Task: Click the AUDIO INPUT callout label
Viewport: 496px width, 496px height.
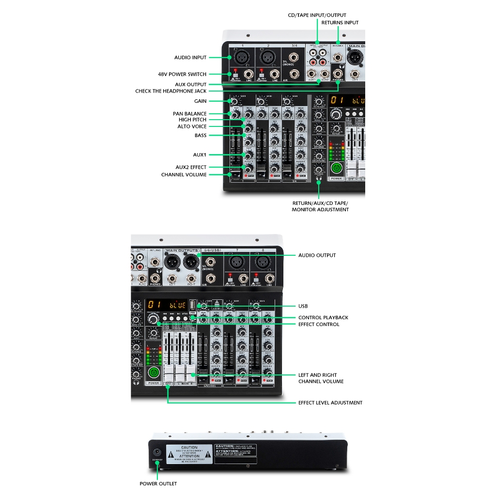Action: click(x=190, y=58)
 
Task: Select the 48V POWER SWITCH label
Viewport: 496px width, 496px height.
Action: click(x=182, y=74)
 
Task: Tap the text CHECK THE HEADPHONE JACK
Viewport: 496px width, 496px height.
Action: click(x=170, y=91)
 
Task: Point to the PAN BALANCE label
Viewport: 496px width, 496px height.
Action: click(x=189, y=114)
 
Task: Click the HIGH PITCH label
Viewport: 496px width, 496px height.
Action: click(x=192, y=120)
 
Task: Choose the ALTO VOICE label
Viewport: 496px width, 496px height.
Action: click(x=192, y=126)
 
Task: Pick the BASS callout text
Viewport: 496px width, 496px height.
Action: click(x=201, y=136)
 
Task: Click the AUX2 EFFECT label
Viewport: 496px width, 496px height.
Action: click(x=191, y=167)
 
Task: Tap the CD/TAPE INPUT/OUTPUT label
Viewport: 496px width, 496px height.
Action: click(x=317, y=15)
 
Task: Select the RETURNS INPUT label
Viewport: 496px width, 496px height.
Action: click(x=340, y=23)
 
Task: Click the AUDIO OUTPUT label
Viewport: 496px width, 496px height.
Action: click(x=317, y=255)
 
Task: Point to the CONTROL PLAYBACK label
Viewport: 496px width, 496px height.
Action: click(x=323, y=318)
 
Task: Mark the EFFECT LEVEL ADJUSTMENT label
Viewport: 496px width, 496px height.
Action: click(x=330, y=403)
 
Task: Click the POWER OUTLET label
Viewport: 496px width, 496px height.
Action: click(x=158, y=483)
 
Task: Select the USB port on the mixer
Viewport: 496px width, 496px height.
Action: click(x=192, y=305)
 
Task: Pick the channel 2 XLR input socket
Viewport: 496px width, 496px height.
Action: click(x=268, y=58)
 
